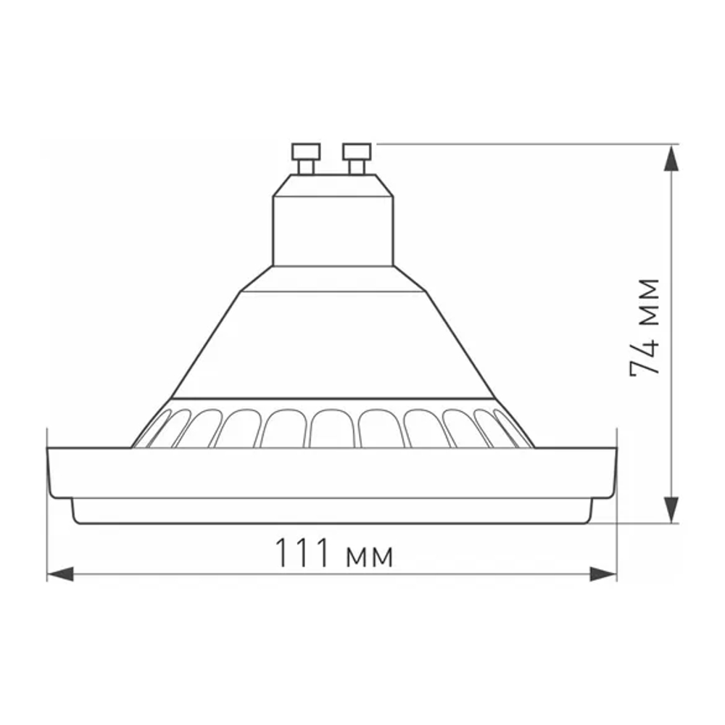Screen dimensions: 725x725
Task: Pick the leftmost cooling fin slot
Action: click(x=153, y=427)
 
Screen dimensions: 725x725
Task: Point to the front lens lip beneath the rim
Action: click(x=332, y=510)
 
